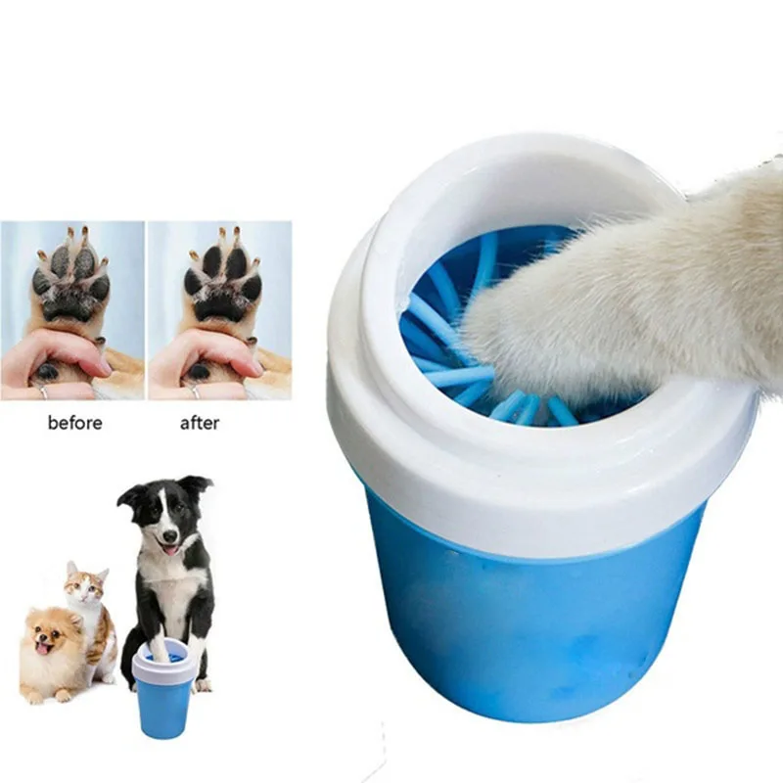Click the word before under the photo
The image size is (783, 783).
tap(73, 423)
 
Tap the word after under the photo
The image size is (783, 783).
tap(200, 423)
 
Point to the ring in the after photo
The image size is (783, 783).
tap(192, 390)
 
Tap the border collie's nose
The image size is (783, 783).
tap(172, 537)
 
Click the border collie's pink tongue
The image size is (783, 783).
tap(173, 550)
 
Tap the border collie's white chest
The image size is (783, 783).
tap(170, 597)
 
